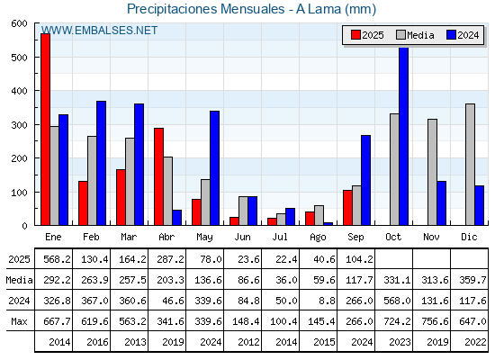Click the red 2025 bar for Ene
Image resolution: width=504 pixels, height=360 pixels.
(45, 130)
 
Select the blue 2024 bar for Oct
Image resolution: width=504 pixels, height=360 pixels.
(404, 136)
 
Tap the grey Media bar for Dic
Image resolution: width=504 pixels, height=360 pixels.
(470, 165)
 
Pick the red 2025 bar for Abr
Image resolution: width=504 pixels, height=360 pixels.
(158, 176)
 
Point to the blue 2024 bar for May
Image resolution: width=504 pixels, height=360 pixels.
(215, 168)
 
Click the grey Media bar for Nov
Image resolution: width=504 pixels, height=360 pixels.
(432, 172)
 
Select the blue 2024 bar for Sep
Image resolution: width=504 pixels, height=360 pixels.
(365, 180)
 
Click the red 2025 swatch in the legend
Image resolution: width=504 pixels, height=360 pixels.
(355, 35)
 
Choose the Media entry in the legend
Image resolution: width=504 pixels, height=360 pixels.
(415, 35)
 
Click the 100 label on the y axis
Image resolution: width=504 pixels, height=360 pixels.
(20, 193)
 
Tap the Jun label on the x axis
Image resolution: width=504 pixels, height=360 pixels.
(242, 237)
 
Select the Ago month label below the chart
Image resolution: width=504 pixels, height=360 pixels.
(318, 238)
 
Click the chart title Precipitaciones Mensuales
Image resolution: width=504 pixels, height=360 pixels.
(206, 9)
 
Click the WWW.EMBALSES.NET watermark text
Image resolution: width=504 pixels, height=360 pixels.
(99, 31)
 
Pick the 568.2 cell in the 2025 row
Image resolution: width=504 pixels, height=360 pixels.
(57, 259)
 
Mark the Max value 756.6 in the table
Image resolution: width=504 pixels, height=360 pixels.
(435, 321)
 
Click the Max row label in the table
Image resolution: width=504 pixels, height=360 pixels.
(19, 321)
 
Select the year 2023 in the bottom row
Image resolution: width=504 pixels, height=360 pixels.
(400, 342)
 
